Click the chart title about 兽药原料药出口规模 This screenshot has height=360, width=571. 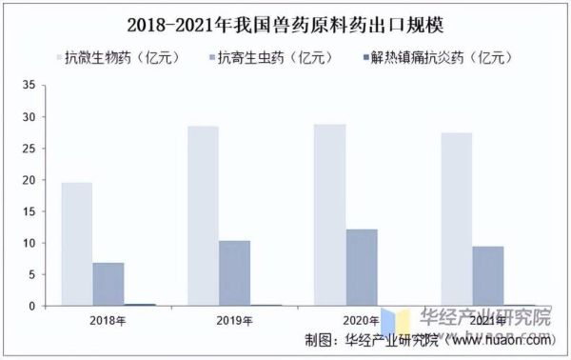click(285, 20)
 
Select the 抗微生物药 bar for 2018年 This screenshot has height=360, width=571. click(77, 244)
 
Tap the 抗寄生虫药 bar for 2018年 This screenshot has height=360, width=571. click(108, 284)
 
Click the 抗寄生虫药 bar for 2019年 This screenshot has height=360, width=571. click(234, 273)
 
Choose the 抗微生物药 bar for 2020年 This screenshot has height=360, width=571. click(329, 215)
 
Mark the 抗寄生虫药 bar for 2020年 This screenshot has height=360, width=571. click(361, 268)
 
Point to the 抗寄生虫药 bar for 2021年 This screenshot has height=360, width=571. click(487, 276)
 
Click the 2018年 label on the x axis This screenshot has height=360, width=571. click(108, 320)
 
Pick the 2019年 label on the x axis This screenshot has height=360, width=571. click(233, 320)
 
